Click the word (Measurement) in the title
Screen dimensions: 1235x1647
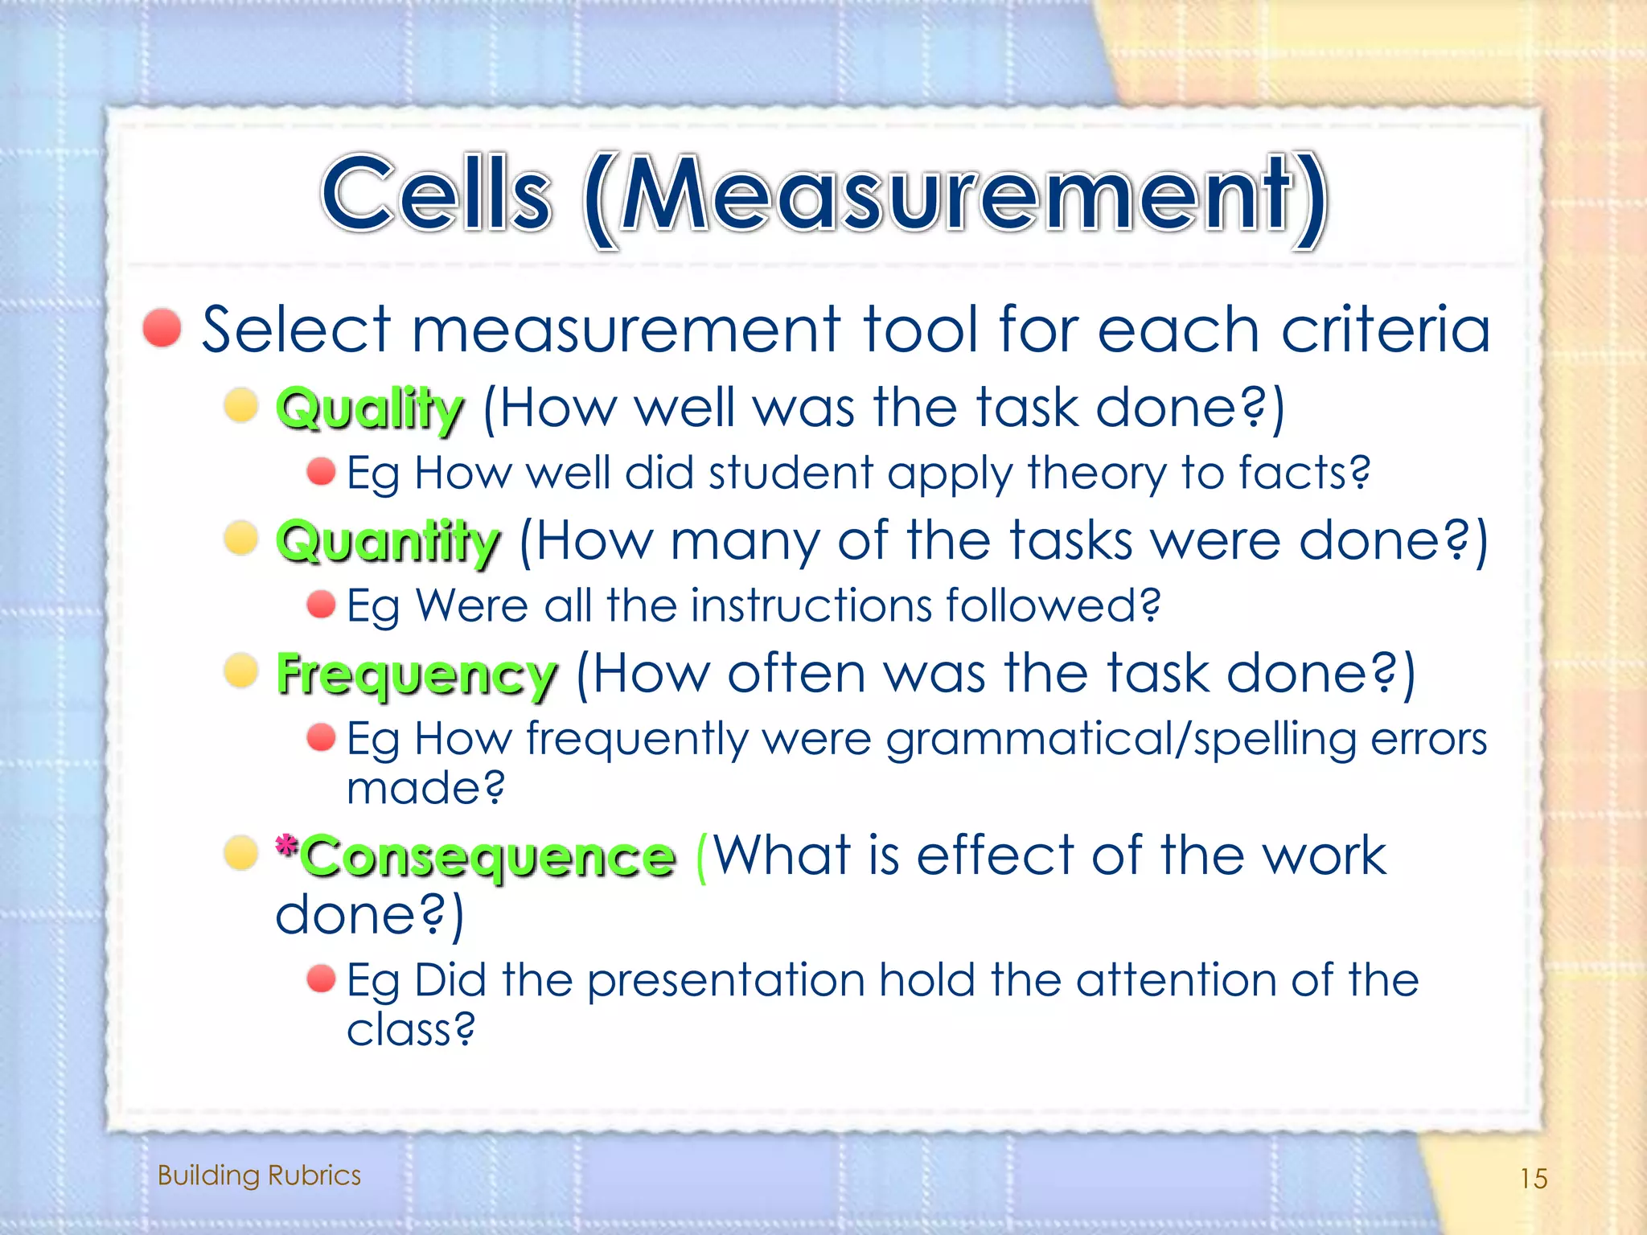pyautogui.click(x=955, y=197)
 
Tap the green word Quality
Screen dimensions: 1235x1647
pyautogui.click(x=370, y=408)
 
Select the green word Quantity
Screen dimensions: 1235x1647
pyautogui.click(x=388, y=541)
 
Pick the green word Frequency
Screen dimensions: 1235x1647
pyautogui.click(x=417, y=674)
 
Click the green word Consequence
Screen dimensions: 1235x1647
pyautogui.click(x=489, y=856)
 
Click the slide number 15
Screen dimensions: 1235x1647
pyautogui.click(x=1533, y=1179)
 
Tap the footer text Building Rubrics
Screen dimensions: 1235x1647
pyautogui.click(x=259, y=1176)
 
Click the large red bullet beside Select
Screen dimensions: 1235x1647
pyautogui.click(x=162, y=328)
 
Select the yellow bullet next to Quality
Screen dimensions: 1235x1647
pyautogui.click(x=240, y=404)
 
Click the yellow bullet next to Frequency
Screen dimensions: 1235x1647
pyautogui.click(x=240, y=670)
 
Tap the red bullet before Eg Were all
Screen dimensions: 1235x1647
pyautogui.click(x=321, y=604)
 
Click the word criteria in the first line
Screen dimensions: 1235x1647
pyautogui.click(x=1385, y=330)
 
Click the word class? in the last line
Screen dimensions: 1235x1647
pyautogui.click(x=410, y=1029)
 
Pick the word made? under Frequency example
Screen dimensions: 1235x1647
pyautogui.click(x=425, y=788)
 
